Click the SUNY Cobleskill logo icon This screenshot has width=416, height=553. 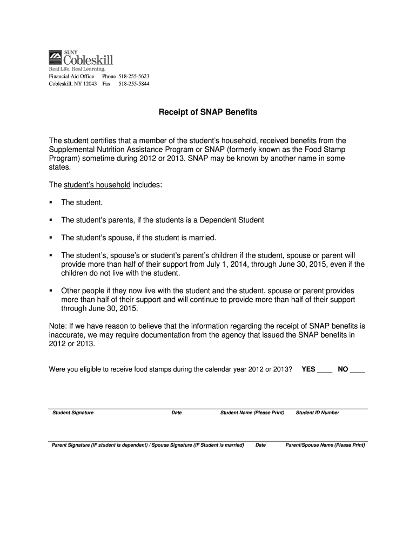coord(56,57)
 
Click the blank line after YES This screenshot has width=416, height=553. coord(324,370)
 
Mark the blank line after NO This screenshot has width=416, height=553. coord(358,370)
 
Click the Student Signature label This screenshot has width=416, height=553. coord(73,413)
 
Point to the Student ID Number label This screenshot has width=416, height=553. coord(318,413)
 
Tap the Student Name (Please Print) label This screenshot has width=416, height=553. coord(252,413)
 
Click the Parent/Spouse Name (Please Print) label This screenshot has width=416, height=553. coord(325,445)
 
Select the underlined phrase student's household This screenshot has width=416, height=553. coord(97,185)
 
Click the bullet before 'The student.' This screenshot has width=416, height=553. coord(51,203)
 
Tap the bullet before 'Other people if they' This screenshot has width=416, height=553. coord(51,290)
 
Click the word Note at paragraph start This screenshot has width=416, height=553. coord(57,326)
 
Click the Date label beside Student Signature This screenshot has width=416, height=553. coord(177,413)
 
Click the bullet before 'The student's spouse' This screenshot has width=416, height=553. coord(51,238)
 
